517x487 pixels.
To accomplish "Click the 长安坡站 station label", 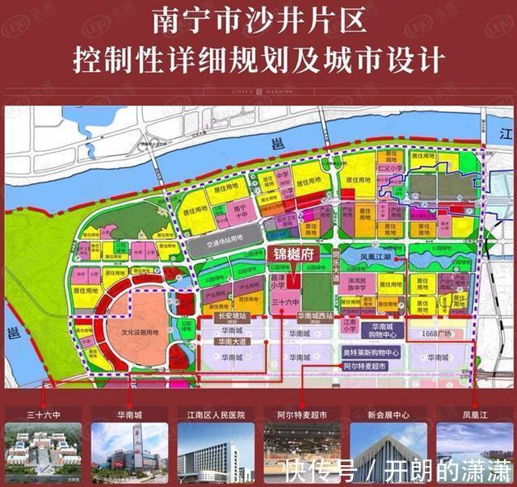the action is pyautogui.click(x=232, y=317).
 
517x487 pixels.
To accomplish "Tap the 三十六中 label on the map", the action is pyautogui.click(x=284, y=301).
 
